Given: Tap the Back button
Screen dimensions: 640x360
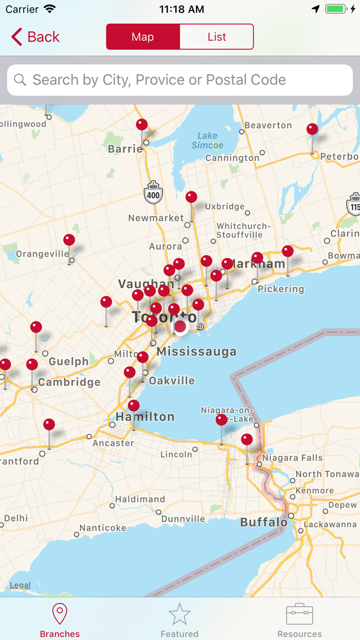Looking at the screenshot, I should point(35,37).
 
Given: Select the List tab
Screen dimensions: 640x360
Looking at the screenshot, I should point(217,37).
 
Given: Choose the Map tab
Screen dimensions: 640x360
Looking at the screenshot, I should point(143,37).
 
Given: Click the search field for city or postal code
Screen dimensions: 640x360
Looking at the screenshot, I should point(180,80).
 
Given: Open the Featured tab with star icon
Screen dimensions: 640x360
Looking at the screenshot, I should point(179,620).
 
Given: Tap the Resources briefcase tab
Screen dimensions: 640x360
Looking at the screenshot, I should point(299,620).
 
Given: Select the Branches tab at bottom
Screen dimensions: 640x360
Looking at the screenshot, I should point(60,620).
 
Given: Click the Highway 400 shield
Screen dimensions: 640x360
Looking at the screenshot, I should point(153,193).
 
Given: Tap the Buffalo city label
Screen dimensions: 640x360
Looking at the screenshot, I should point(264,523).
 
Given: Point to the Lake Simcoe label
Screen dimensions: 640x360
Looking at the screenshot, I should point(207,140).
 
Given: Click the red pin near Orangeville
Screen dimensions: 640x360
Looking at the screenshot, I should point(69,240).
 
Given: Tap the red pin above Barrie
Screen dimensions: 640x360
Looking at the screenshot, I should point(141,125).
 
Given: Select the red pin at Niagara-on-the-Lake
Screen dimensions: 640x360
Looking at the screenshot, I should point(221,420).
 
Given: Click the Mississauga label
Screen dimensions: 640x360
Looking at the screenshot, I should point(196,352).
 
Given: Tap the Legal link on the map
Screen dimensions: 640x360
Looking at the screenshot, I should point(20,585).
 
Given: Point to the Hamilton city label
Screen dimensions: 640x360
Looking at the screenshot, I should point(145,417).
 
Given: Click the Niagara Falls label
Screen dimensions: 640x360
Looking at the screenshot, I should point(292,458).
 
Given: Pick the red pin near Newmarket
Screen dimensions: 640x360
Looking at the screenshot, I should point(191,198).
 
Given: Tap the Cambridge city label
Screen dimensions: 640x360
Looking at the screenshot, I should point(69,382).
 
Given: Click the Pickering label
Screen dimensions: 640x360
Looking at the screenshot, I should point(281,289).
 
